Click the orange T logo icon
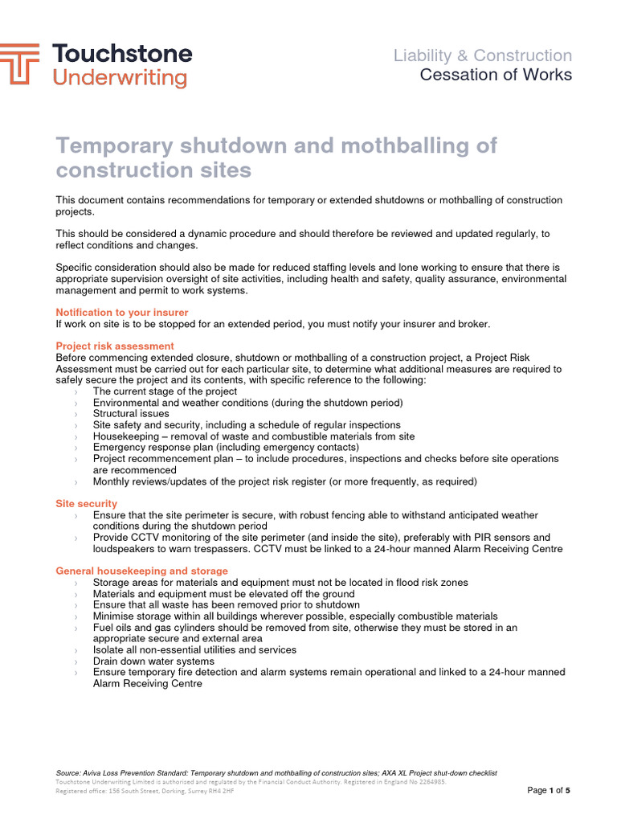click(19, 64)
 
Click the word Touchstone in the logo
click(122, 54)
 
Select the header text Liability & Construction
click(482, 55)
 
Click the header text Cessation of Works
click(496, 75)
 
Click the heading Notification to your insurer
click(121, 312)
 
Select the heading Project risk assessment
click(114, 346)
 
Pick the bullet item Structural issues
click(131, 414)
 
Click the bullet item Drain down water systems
click(153, 661)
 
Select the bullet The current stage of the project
click(165, 391)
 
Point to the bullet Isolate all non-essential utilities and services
click(194, 649)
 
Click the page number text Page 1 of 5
click(548, 790)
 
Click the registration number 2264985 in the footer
click(429, 781)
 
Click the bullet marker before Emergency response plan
click(76, 448)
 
